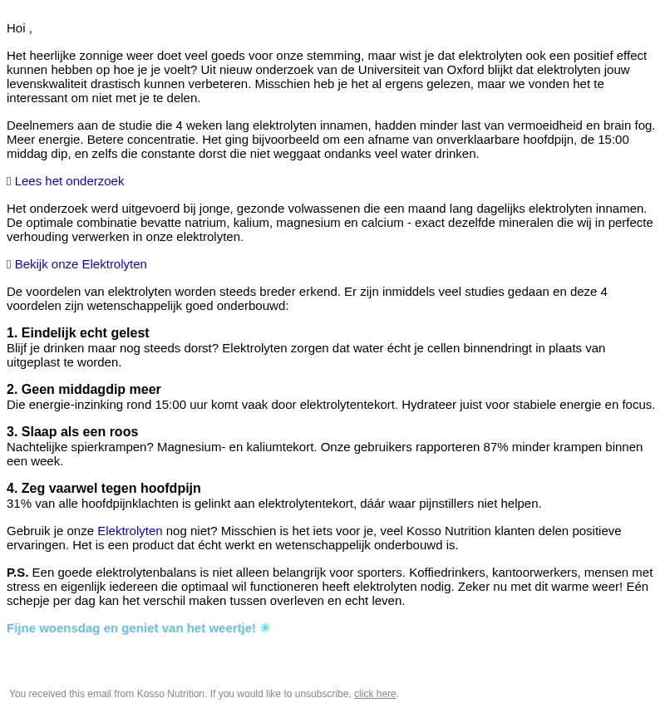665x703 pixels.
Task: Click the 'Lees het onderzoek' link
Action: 69,181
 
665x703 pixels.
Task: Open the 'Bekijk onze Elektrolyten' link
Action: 81,264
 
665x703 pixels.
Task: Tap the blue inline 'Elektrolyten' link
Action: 130,531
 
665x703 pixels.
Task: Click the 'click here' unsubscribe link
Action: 375,694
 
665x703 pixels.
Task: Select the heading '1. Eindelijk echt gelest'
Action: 78,333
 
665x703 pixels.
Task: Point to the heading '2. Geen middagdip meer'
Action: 84,390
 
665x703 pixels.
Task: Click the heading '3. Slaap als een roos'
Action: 72,432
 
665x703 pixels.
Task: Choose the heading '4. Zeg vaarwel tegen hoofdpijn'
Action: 104,489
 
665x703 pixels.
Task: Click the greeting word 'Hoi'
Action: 17,28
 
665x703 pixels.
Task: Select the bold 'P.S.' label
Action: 17,573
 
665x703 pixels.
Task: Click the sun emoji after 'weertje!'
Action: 265,628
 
